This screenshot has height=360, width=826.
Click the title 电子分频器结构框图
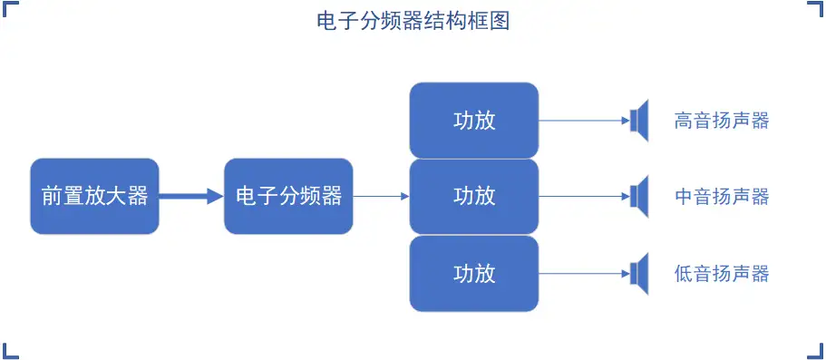pos(413,21)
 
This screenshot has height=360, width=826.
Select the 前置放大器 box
pos(94,196)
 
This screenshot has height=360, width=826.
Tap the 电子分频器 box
pos(288,196)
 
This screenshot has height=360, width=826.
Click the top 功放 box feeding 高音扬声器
pos(473,121)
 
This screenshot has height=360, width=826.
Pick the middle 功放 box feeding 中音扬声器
pos(473,196)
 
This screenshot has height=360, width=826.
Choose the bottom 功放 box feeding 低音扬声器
pos(473,273)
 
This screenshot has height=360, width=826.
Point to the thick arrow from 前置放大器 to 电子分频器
pos(191,196)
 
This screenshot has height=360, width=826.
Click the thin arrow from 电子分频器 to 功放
pos(381,196)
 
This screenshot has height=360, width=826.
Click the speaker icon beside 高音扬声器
pos(640,121)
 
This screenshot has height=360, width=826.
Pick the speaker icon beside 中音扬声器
pos(640,196)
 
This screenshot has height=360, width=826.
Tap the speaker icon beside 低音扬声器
pos(640,273)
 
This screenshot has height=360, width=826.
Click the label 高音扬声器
pos(722,121)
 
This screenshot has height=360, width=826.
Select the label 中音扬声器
pos(722,196)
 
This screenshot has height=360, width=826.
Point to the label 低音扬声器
pos(722,273)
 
